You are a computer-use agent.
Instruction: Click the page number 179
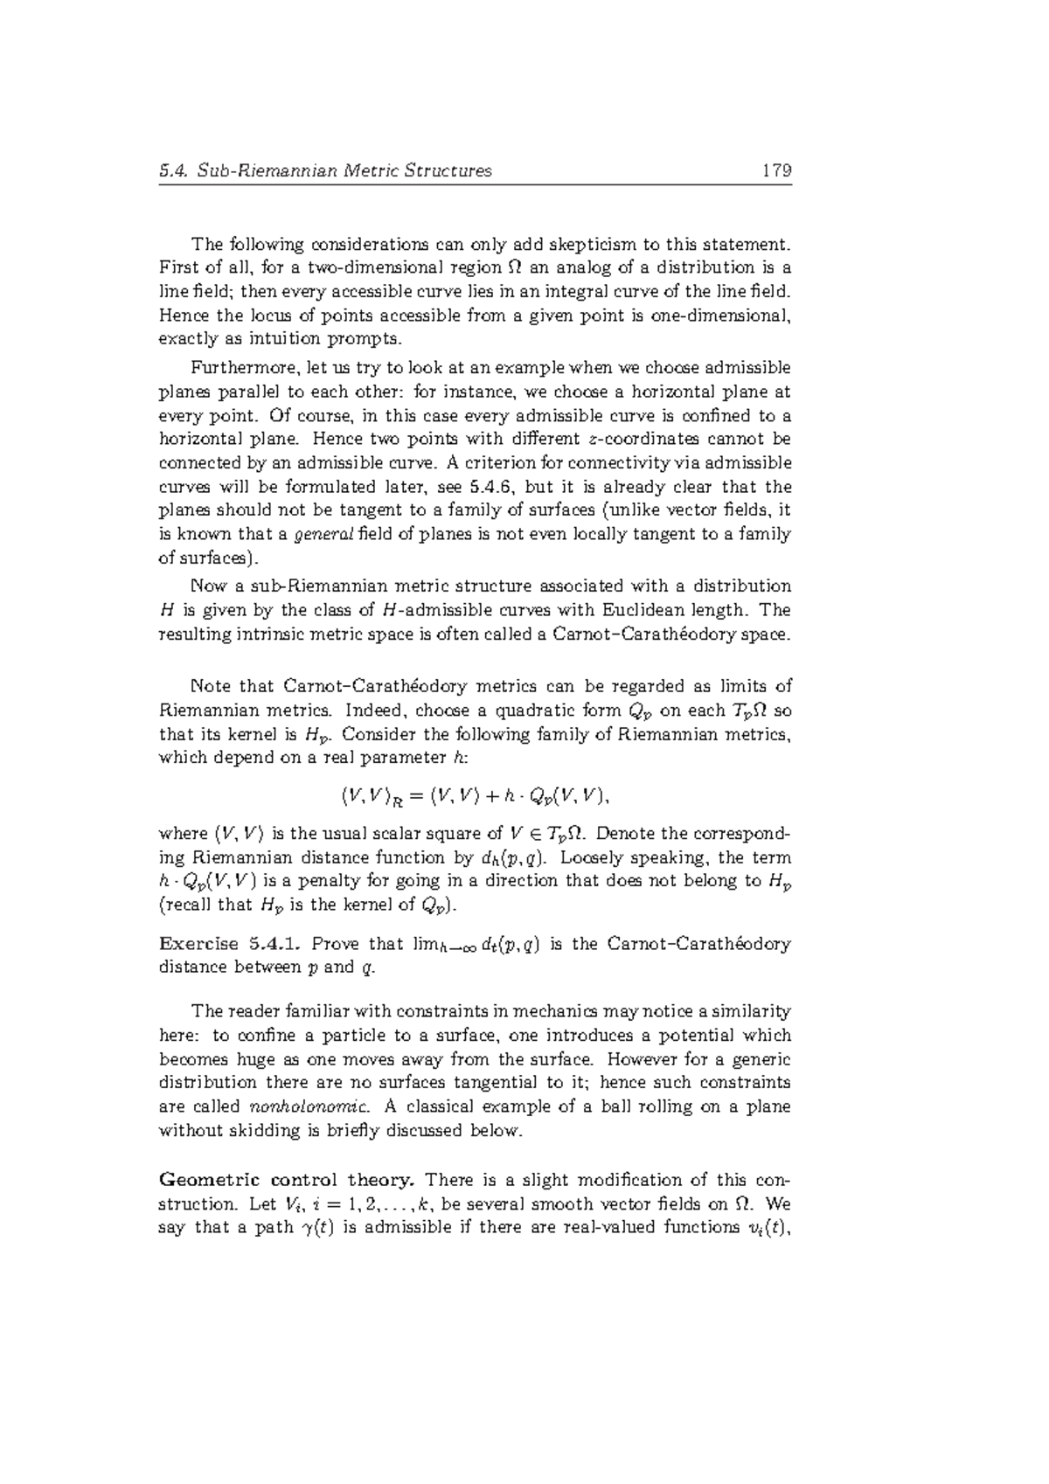pyautogui.click(x=776, y=170)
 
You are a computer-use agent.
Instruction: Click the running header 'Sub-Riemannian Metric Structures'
pyautogui.click(x=344, y=170)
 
